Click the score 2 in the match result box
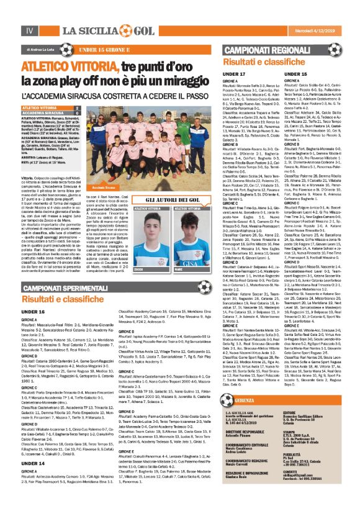[x=76, y=107]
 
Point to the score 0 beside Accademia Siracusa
[x=76, y=112]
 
